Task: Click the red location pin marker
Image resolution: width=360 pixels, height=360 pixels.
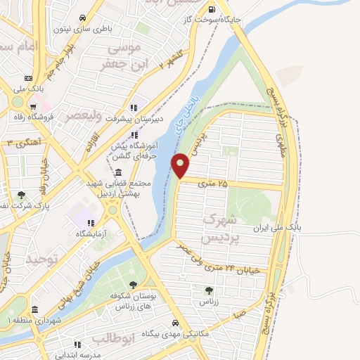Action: [x=181, y=165]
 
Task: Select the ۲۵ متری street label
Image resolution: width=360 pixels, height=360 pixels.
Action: [x=213, y=184]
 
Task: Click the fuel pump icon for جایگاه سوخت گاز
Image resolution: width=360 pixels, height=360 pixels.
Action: [x=212, y=10]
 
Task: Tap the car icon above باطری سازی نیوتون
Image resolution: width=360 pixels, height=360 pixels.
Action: [x=83, y=18]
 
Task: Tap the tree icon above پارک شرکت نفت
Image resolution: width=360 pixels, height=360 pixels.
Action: [x=22, y=195]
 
